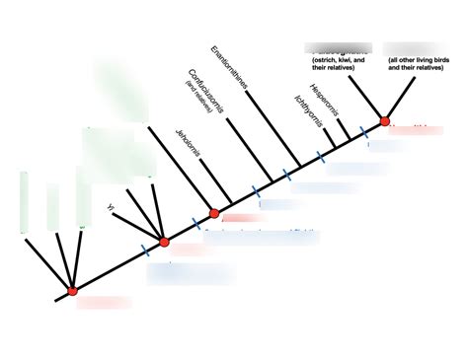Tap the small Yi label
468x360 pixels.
[x=111, y=207]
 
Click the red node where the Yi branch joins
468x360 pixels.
[x=164, y=241]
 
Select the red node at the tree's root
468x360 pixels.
[x=72, y=291]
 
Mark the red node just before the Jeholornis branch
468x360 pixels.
[x=214, y=213]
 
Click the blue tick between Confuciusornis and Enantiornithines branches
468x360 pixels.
[x=286, y=175]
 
